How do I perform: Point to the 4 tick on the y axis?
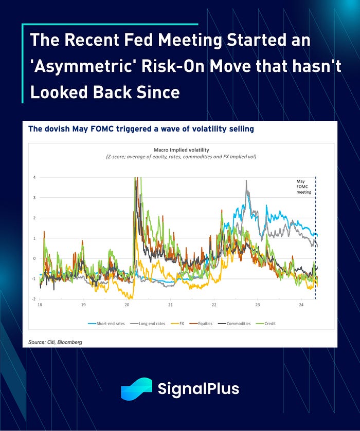pos(34,177)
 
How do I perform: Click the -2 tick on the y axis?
pos(33,299)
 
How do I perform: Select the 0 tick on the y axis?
pos(34,258)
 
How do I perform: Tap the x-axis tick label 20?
pos(127,305)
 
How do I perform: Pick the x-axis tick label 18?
pos(40,305)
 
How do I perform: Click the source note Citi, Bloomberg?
pos(56,342)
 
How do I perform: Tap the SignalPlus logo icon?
pos(137,389)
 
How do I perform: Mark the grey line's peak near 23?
pos(247,181)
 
